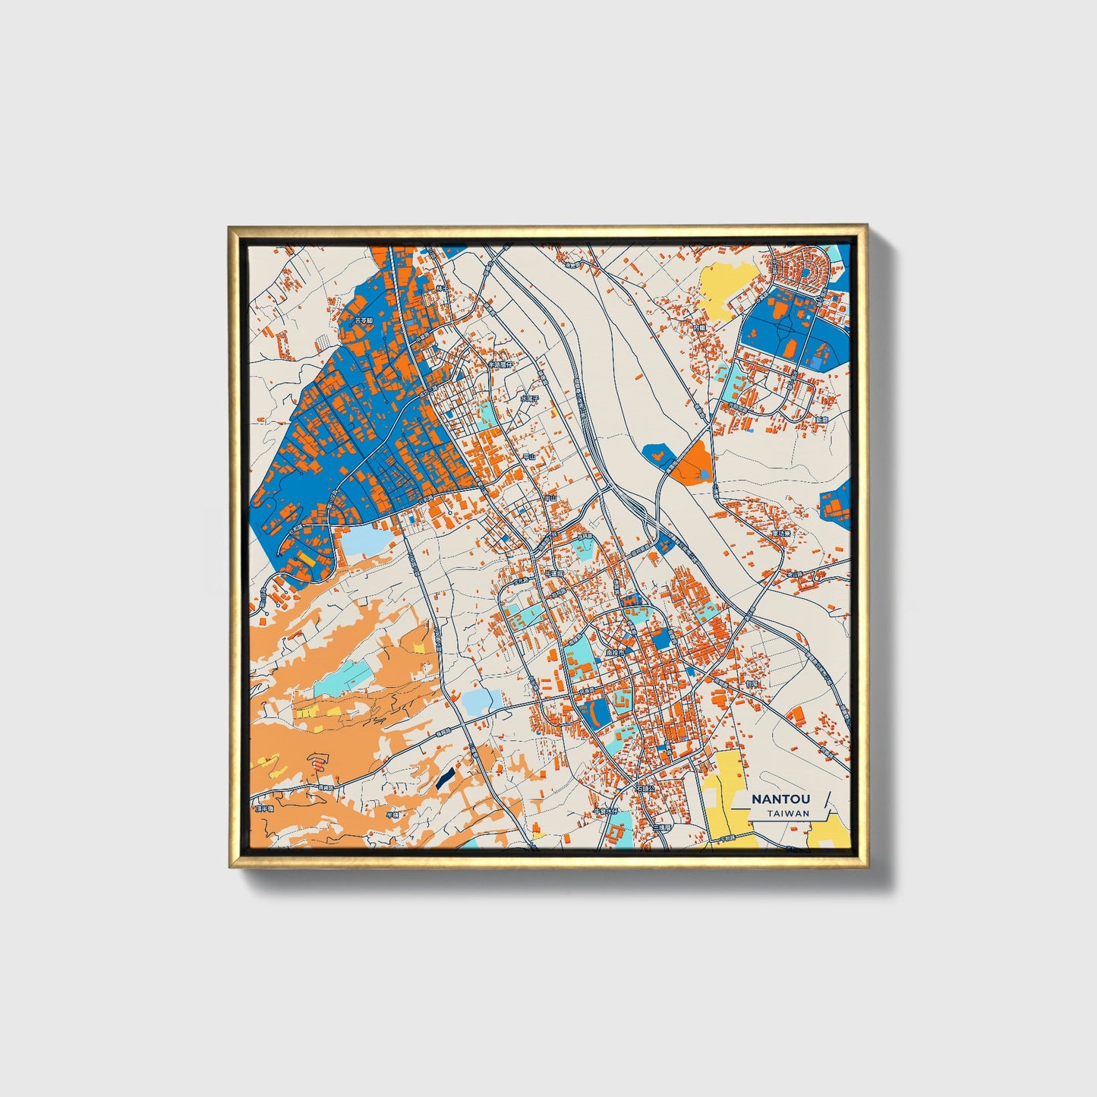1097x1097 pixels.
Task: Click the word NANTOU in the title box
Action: [x=780, y=799]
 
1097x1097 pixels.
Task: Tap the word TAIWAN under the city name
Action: [x=787, y=813]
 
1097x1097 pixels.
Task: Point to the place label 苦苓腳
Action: [x=364, y=321]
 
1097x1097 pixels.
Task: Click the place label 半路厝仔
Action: [x=500, y=364]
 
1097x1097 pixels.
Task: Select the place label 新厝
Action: [x=821, y=419]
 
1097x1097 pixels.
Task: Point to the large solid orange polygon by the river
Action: [x=693, y=462]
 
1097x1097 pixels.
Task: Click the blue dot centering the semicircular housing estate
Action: [x=804, y=271]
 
